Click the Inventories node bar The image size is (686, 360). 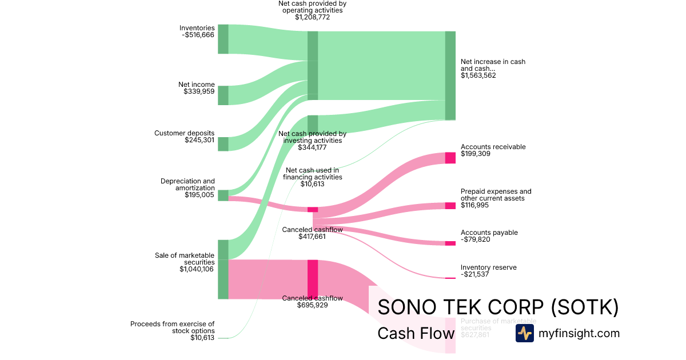tap(223, 39)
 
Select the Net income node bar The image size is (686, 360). tap(223, 95)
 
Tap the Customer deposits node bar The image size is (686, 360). tap(223, 144)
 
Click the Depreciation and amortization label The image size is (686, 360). tap(188, 185)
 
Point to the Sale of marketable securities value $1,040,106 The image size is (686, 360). tap(197, 269)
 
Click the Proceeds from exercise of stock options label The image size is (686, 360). tap(172, 327)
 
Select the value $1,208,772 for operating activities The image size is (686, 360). tap(312, 17)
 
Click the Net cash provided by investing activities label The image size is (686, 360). tap(312, 137)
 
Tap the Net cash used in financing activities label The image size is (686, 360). tap(312, 173)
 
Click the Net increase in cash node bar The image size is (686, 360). tap(450, 75)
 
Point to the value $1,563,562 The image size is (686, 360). tap(478, 75)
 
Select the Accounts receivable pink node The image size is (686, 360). tap(450, 158)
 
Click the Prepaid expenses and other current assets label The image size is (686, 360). tap(496, 195)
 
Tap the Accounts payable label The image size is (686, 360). tap(489, 233)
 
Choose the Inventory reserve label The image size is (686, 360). tap(488, 267)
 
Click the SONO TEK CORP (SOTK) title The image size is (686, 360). tap(498, 307)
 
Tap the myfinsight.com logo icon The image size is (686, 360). tap(524, 334)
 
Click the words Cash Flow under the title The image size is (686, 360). tap(416, 334)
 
